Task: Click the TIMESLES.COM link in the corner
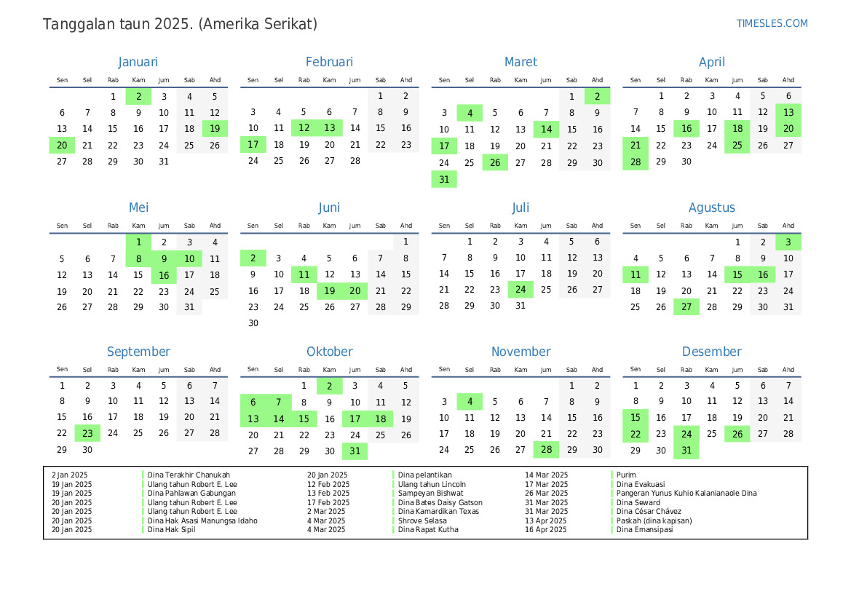[x=772, y=23]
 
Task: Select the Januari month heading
[x=138, y=63]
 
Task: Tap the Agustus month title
[x=711, y=208]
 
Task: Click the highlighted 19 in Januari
[x=215, y=129]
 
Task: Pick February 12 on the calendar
[x=304, y=128]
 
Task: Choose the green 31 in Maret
[x=444, y=179]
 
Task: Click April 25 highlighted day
[x=737, y=145]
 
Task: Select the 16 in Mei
[x=164, y=275]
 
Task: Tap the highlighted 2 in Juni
[x=253, y=258]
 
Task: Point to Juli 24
[x=521, y=290]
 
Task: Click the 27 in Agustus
[x=686, y=307]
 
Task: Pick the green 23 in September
[x=87, y=433]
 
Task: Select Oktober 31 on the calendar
[x=355, y=451]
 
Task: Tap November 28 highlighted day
[x=546, y=451]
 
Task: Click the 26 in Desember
[x=737, y=434]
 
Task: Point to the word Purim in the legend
[x=626, y=475]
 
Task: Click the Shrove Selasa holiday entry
[x=420, y=520]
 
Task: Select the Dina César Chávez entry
[x=649, y=512]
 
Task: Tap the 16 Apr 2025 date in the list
[x=545, y=530]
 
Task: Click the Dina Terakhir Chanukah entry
[x=189, y=475]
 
